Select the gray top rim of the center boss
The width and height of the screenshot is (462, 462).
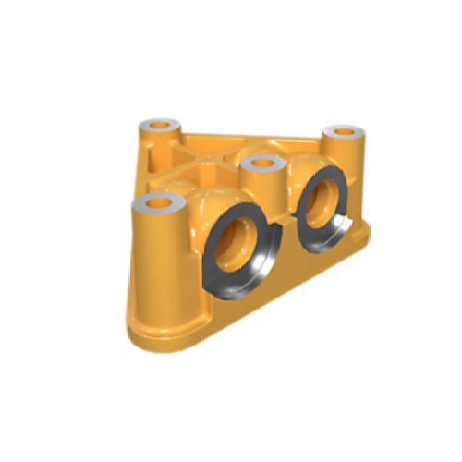click(252, 165)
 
